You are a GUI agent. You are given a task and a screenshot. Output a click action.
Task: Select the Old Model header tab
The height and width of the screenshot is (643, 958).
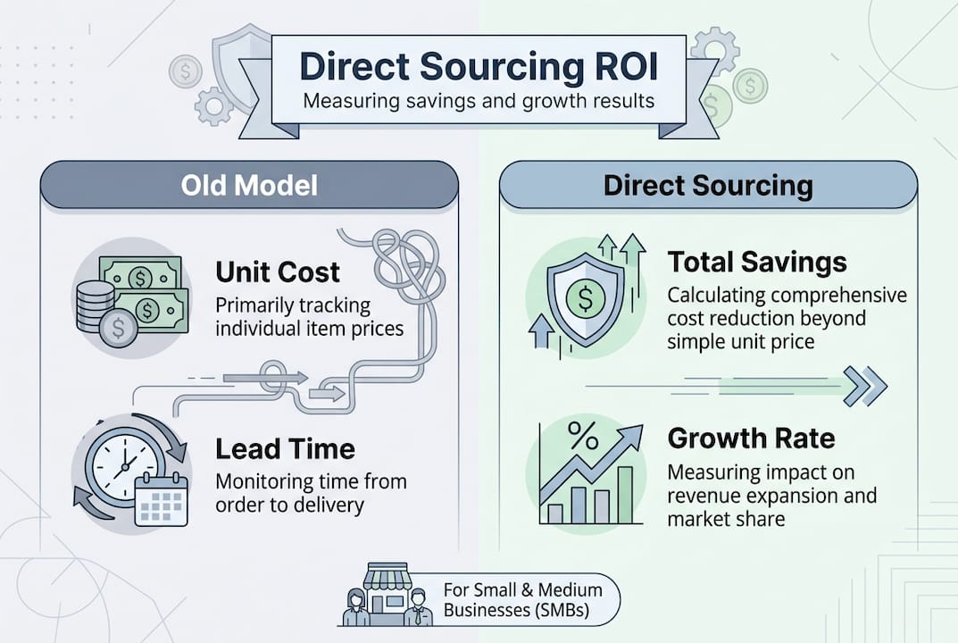click(249, 185)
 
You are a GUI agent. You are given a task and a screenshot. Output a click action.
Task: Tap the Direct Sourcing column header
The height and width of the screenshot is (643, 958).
click(708, 185)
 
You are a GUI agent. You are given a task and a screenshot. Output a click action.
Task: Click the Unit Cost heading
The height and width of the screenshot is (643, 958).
click(278, 272)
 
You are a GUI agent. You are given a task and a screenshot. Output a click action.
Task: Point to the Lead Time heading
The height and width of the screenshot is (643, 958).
click(286, 448)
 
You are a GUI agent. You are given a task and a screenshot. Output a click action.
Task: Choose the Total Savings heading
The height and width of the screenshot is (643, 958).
click(757, 263)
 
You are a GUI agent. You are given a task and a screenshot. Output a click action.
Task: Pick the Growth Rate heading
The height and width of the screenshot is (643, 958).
click(751, 438)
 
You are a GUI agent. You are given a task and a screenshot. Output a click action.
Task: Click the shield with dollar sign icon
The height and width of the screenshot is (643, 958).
click(586, 298)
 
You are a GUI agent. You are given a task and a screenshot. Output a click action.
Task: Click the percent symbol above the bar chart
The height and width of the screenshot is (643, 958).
click(584, 435)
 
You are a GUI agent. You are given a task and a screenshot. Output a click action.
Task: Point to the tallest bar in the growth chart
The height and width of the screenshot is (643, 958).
click(625, 495)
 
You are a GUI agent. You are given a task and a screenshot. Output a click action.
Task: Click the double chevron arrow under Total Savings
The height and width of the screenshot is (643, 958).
click(865, 386)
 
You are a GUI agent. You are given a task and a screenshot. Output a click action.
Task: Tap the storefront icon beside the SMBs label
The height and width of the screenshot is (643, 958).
click(386, 593)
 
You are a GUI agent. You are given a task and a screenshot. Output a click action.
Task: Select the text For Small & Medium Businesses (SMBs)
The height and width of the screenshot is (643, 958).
click(522, 599)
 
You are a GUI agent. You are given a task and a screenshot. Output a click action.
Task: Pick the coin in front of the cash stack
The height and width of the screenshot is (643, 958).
click(118, 329)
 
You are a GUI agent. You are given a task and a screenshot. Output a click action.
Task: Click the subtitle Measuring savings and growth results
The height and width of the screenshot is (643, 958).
click(479, 100)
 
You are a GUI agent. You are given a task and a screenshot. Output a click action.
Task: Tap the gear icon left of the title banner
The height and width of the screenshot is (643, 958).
click(213, 105)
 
